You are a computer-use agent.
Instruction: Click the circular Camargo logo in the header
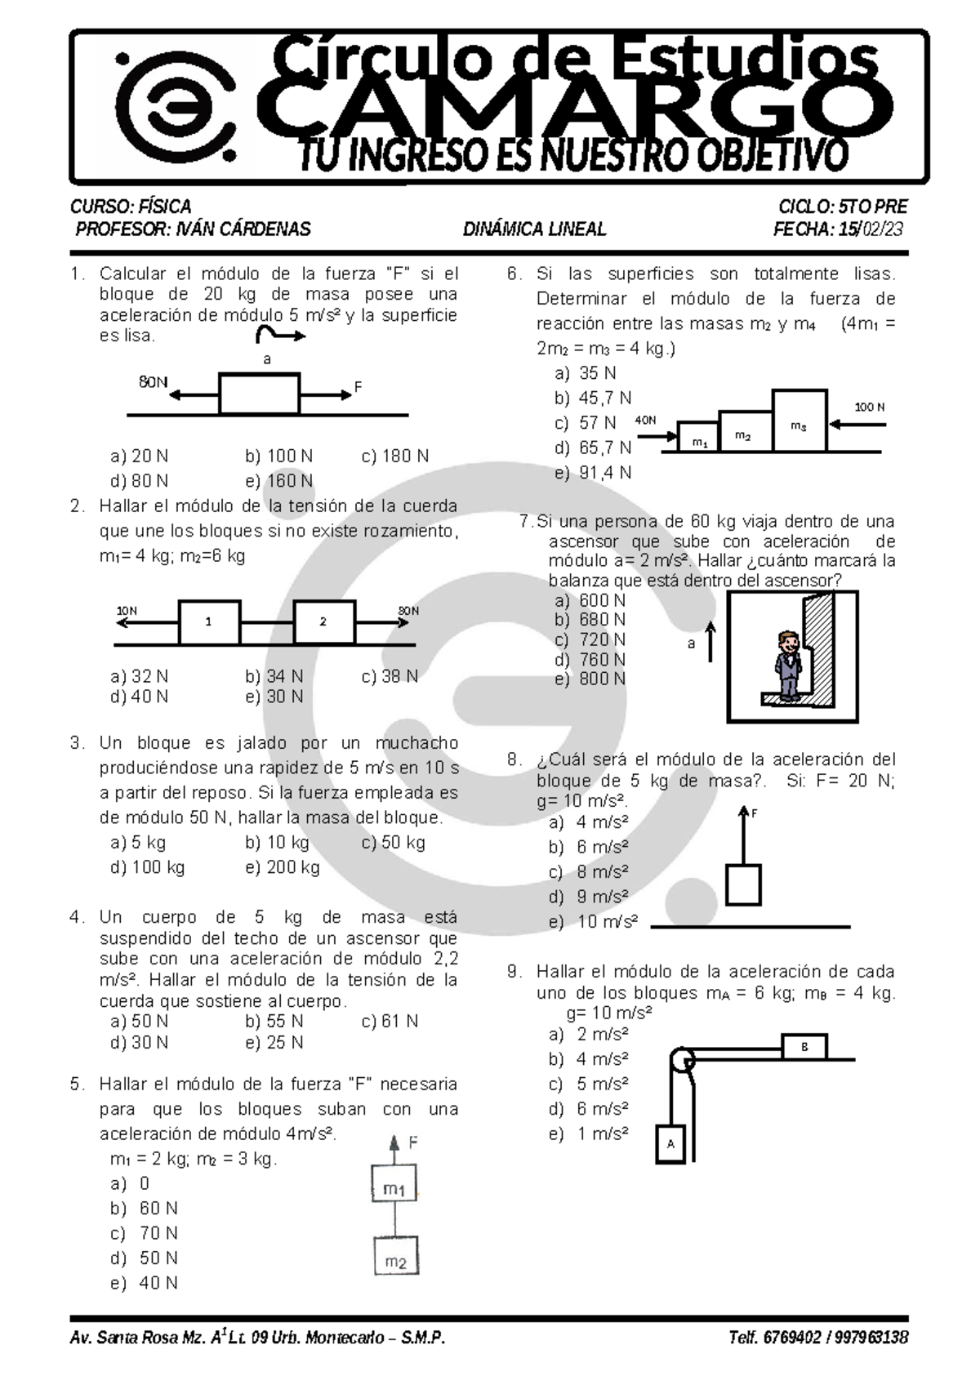(x=175, y=106)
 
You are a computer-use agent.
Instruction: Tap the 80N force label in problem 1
(x=153, y=382)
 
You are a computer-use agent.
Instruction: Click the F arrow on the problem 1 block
(x=325, y=395)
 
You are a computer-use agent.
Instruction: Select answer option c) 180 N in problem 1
(x=394, y=456)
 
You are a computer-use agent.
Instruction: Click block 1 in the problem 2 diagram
(x=210, y=622)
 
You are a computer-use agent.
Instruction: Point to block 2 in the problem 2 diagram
(x=324, y=622)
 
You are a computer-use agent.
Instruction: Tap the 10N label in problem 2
(x=127, y=610)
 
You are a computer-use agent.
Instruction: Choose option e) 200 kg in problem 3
(x=282, y=867)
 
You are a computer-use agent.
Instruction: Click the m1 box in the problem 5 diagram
(x=394, y=1182)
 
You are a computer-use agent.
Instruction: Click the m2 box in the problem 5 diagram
(x=396, y=1255)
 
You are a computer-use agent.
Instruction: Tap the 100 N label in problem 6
(x=869, y=407)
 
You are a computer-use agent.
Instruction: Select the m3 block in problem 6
(x=799, y=421)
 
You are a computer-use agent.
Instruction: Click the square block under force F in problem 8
(x=743, y=884)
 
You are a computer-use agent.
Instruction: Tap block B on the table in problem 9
(x=804, y=1047)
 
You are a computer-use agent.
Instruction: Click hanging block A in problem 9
(x=670, y=1144)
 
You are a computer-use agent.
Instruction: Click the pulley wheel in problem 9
(x=682, y=1060)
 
